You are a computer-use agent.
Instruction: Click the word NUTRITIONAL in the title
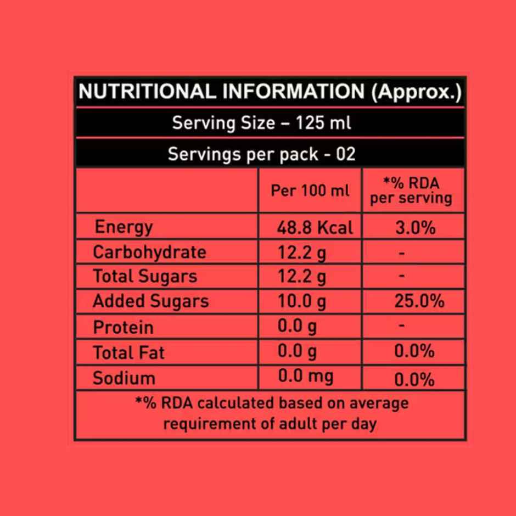coord(147,91)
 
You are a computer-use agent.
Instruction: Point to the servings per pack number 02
coord(345,154)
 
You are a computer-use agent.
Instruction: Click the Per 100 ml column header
coord(310,191)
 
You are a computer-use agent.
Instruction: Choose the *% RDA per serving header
coord(411,190)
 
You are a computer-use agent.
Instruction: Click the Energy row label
coord(124,227)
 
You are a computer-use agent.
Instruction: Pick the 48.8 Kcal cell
coord(315,227)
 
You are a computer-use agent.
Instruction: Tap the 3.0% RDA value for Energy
coord(416,227)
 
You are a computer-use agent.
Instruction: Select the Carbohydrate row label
coord(149,253)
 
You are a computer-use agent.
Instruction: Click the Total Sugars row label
coord(145,276)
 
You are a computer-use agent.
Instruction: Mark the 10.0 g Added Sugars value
coord(302,301)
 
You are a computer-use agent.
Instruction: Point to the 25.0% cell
coord(419,301)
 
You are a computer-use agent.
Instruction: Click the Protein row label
coord(123,327)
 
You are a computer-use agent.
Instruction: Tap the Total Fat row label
coord(128,352)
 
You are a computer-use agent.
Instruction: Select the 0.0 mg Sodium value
coord(305,377)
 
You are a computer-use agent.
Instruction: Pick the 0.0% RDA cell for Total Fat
coord(414,351)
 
